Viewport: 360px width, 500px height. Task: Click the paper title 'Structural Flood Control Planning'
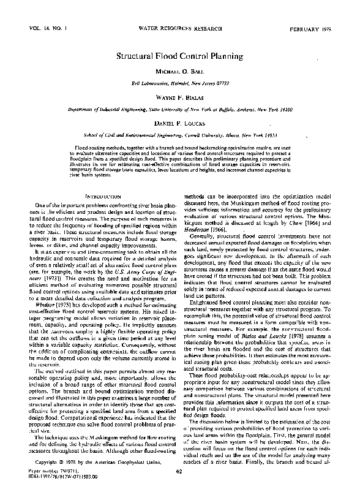pos(180,56)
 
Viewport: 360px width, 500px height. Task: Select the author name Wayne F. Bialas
pos(180,97)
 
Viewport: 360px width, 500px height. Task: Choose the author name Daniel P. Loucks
pos(180,123)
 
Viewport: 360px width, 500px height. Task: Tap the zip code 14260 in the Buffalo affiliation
pos(299,108)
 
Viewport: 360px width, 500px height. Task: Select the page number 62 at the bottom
pos(179,488)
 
